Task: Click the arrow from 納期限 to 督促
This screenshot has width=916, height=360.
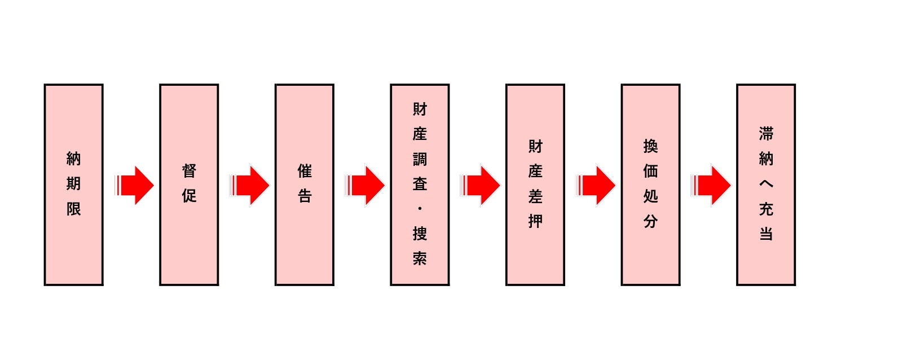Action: point(135,185)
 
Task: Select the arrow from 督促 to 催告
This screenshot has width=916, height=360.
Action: point(250,185)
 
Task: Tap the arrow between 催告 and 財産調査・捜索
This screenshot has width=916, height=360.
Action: point(366,185)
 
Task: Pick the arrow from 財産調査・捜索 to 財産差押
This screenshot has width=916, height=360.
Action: point(481,185)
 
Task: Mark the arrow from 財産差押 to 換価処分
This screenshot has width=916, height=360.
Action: point(597,185)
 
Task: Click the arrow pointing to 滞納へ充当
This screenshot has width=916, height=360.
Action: point(712,185)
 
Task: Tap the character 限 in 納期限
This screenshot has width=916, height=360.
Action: point(73,209)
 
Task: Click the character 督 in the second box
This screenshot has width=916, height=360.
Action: point(189,170)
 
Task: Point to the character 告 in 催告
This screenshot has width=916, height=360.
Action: point(305,196)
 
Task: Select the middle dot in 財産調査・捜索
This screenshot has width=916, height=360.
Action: point(420,208)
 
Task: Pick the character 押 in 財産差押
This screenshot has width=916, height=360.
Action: point(535,221)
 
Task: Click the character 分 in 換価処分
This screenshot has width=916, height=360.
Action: point(650,221)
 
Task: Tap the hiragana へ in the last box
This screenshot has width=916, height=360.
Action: point(765,183)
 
